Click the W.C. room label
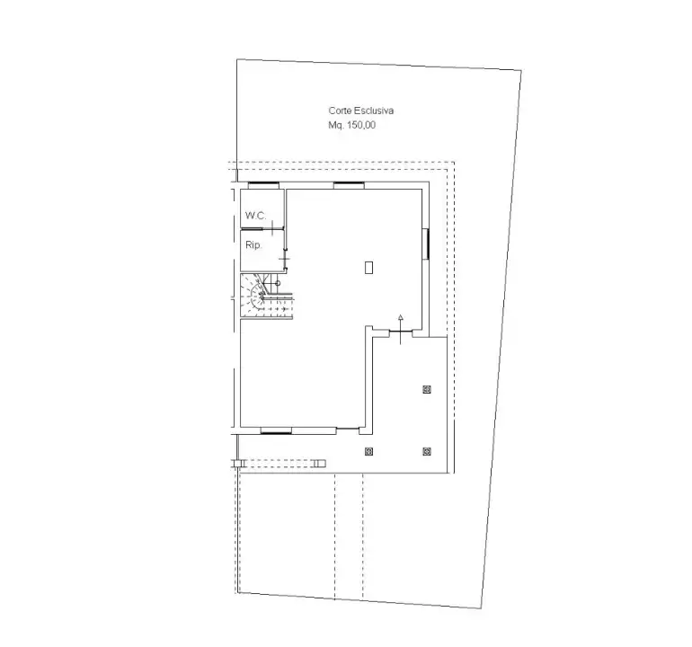(255, 216)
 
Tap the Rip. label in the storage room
(253, 244)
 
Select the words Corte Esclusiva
(362, 111)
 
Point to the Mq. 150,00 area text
(352, 126)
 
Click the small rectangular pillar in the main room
(369, 266)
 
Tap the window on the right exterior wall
(426, 242)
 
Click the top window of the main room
(348, 186)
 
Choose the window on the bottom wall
(276, 431)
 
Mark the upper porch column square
(426, 389)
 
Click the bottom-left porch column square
(368, 451)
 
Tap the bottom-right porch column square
(426, 451)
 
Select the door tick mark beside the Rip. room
(284, 260)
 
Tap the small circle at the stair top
(278, 282)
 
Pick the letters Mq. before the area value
(336, 126)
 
